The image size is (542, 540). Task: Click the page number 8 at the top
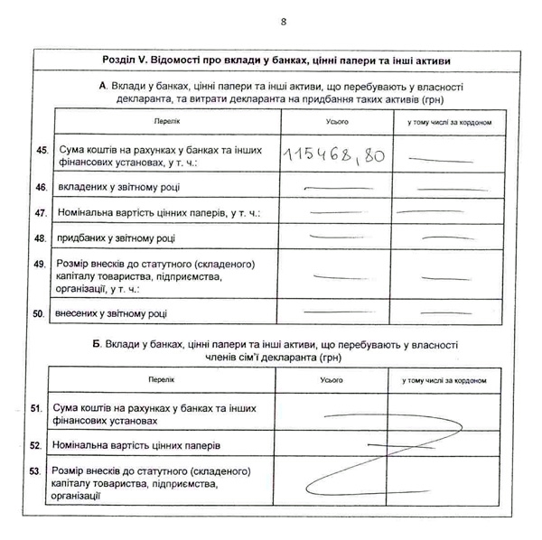click(x=283, y=21)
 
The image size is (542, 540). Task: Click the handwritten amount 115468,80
click(x=333, y=155)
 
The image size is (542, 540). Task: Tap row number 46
click(x=40, y=187)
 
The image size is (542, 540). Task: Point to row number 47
click(x=40, y=213)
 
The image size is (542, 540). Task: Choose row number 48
click(x=40, y=238)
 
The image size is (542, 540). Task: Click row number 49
click(x=40, y=265)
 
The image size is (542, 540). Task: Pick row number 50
click(x=40, y=313)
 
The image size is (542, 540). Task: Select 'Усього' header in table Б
click(x=332, y=380)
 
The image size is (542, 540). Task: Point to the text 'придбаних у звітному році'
click(x=117, y=238)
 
